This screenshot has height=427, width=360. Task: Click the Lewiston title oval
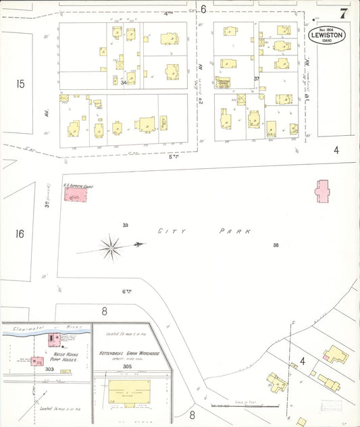tap(326, 35)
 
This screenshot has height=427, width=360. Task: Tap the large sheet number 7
tap(344, 13)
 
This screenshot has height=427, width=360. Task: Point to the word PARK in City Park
tap(235, 231)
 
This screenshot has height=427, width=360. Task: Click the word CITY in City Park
tap(168, 231)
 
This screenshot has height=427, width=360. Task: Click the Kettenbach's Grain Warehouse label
tap(129, 353)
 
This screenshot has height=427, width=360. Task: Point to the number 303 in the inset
tap(49, 369)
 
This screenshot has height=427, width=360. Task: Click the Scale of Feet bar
tap(244, 405)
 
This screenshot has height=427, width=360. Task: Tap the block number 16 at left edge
tap(20, 234)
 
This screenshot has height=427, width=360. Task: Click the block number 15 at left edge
tap(20, 84)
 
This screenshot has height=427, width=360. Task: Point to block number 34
tap(124, 82)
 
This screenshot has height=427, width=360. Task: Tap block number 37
tap(257, 79)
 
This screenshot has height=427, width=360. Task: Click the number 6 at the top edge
tap(203, 9)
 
